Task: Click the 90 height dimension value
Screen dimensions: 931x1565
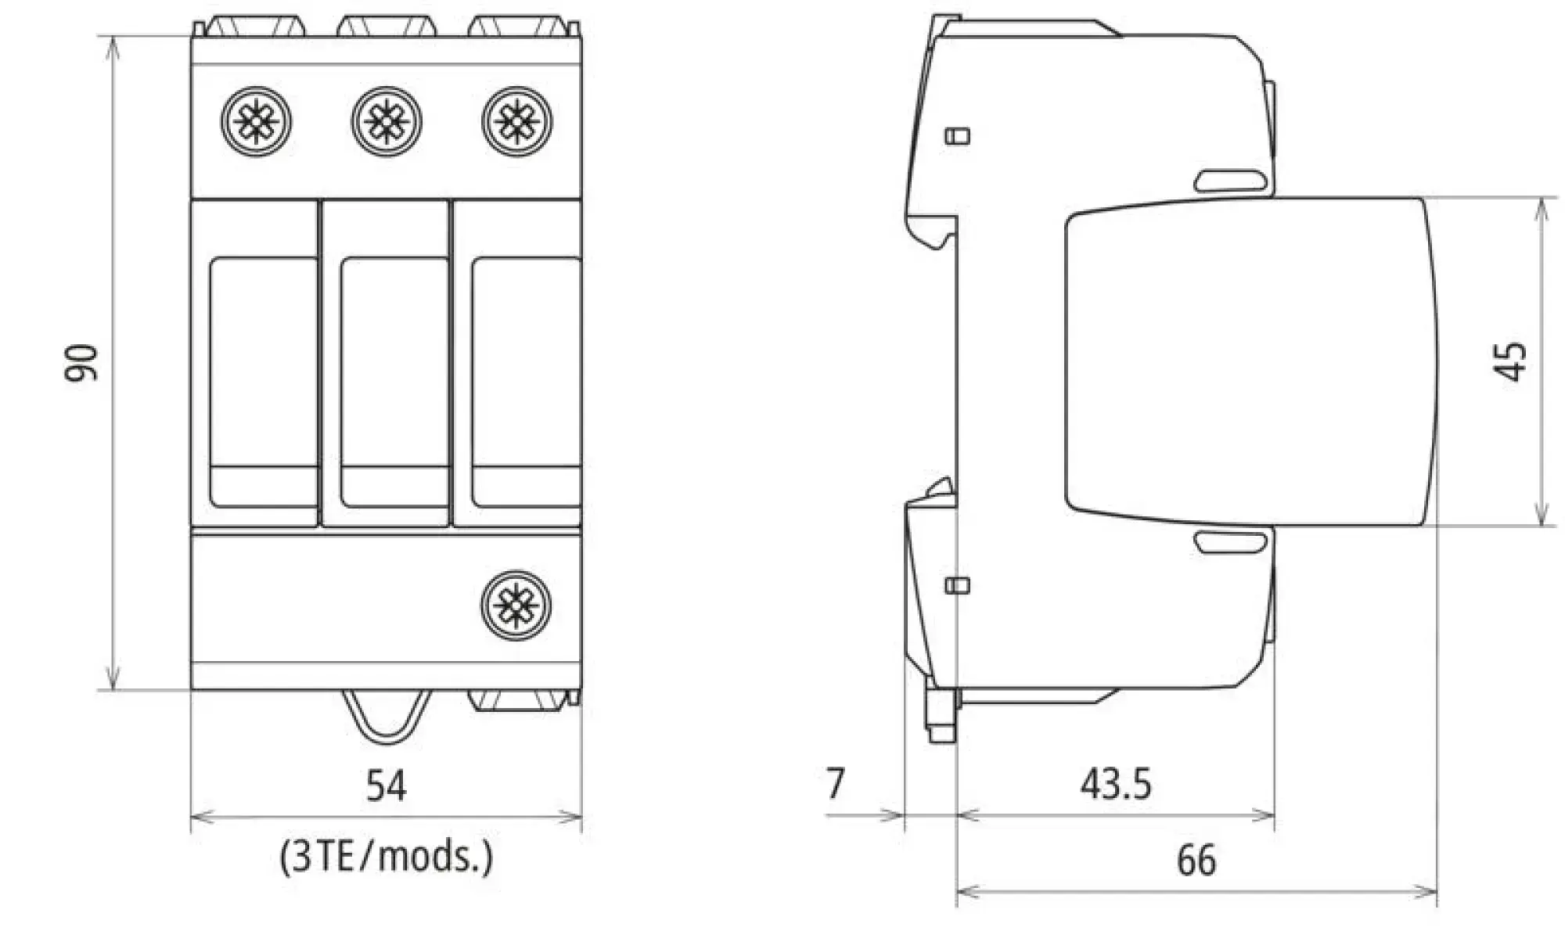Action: click(82, 362)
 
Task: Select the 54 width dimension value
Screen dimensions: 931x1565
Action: click(387, 785)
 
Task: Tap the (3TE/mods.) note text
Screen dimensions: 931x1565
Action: click(387, 857)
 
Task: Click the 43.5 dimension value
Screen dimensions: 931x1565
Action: click(1116, 783)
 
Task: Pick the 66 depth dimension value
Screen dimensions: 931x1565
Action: click(1196, 860)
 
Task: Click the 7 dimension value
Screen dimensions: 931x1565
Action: click(836, 783)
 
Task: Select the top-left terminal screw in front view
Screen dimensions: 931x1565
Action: click(256, 122)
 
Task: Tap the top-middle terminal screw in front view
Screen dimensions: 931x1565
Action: click(387, 122)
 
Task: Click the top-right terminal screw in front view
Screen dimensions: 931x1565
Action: click(516, 122)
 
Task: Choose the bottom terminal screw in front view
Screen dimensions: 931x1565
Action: click(516, 605)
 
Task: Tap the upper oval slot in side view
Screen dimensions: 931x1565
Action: click(1230, 182)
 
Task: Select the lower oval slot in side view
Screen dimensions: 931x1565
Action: click(1230, 541)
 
